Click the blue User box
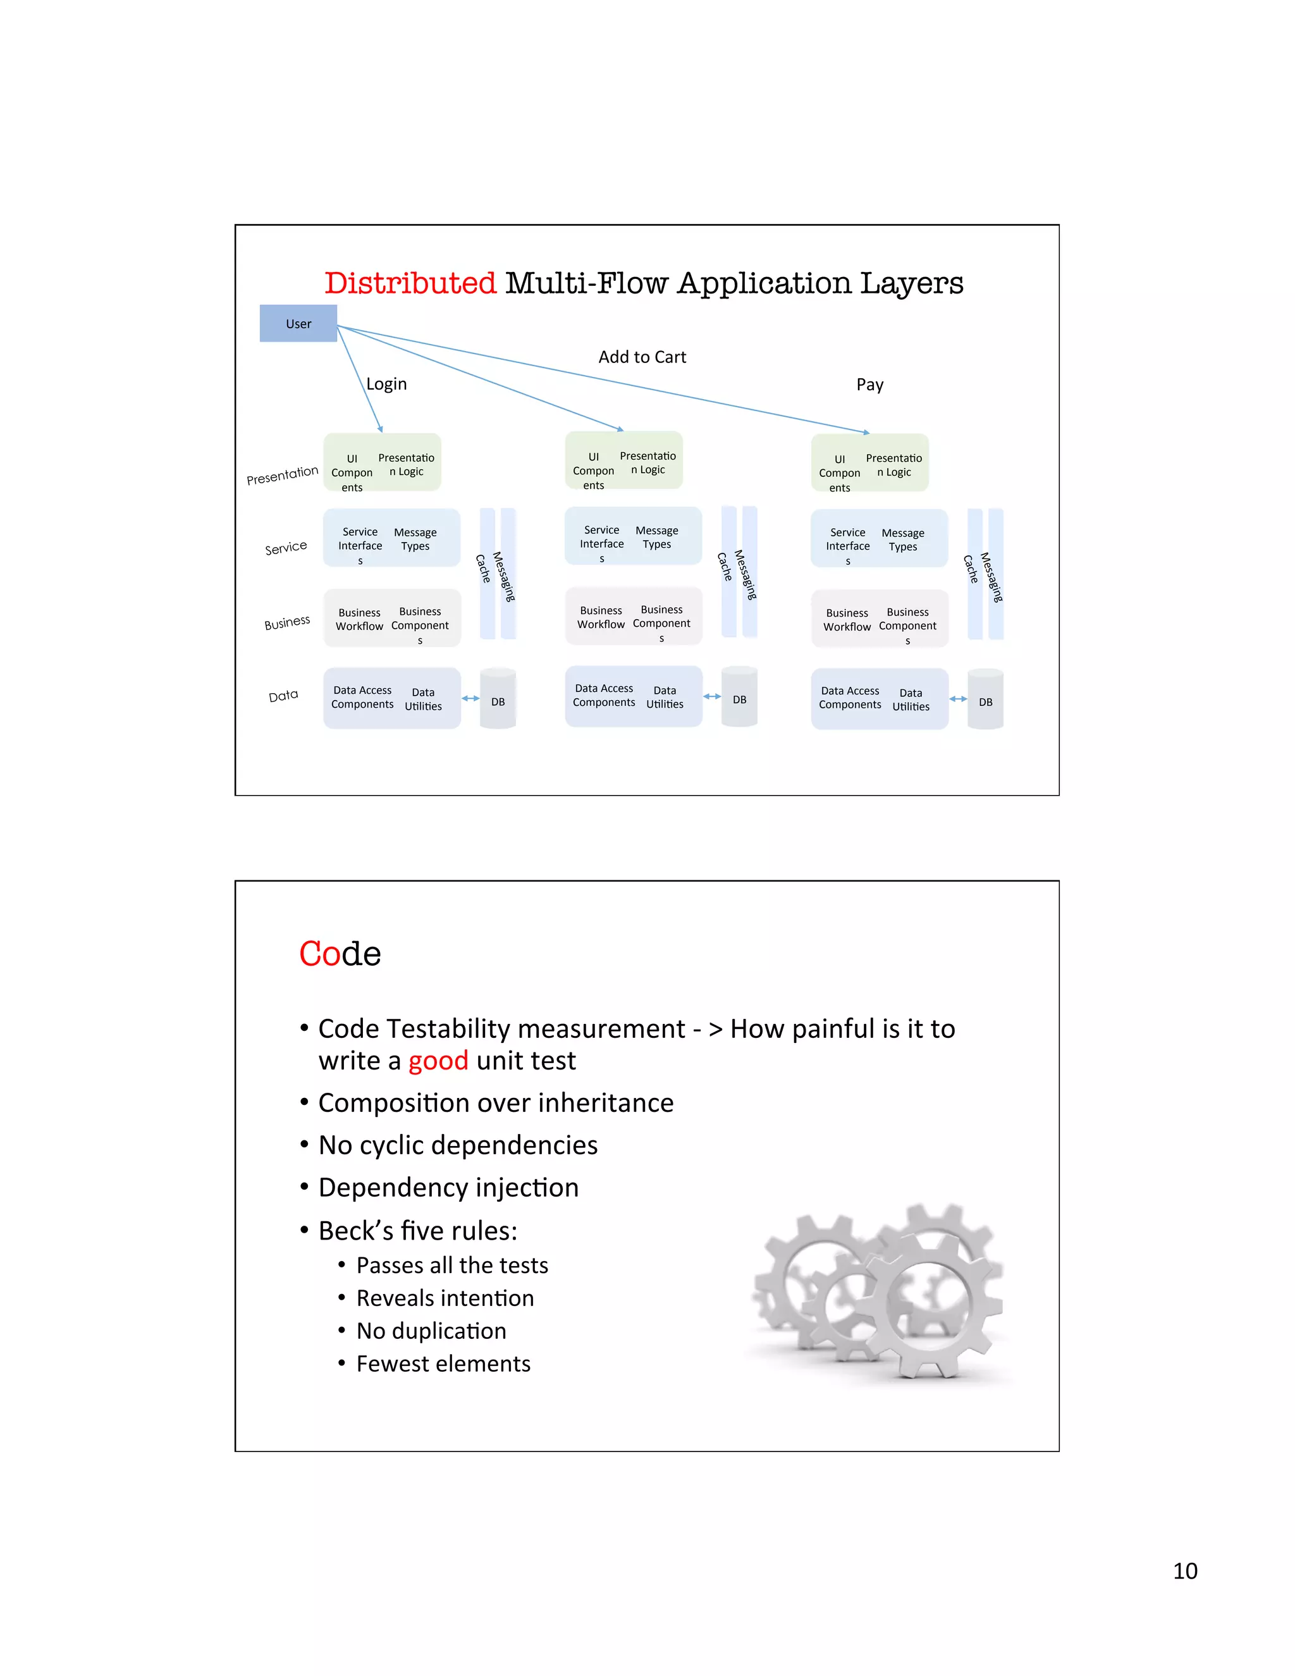[x=298, y=323]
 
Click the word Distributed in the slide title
[x=410, y=283]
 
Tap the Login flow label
[x=386, y=384]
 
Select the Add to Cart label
[x=642, y=357]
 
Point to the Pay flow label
[x=869, y=385]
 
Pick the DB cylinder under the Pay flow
[x=985, y=700]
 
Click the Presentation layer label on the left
[x=282, y=475]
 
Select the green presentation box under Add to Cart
[x=623, y=460]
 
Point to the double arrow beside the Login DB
[x=470, y=698]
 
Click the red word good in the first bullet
[x=438, y=1061]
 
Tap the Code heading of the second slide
[x=340, y=954]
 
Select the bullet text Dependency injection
[x=448, y=1188]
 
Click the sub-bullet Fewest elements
[x=443, y=1364]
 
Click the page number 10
[x=1184, y=1571]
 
